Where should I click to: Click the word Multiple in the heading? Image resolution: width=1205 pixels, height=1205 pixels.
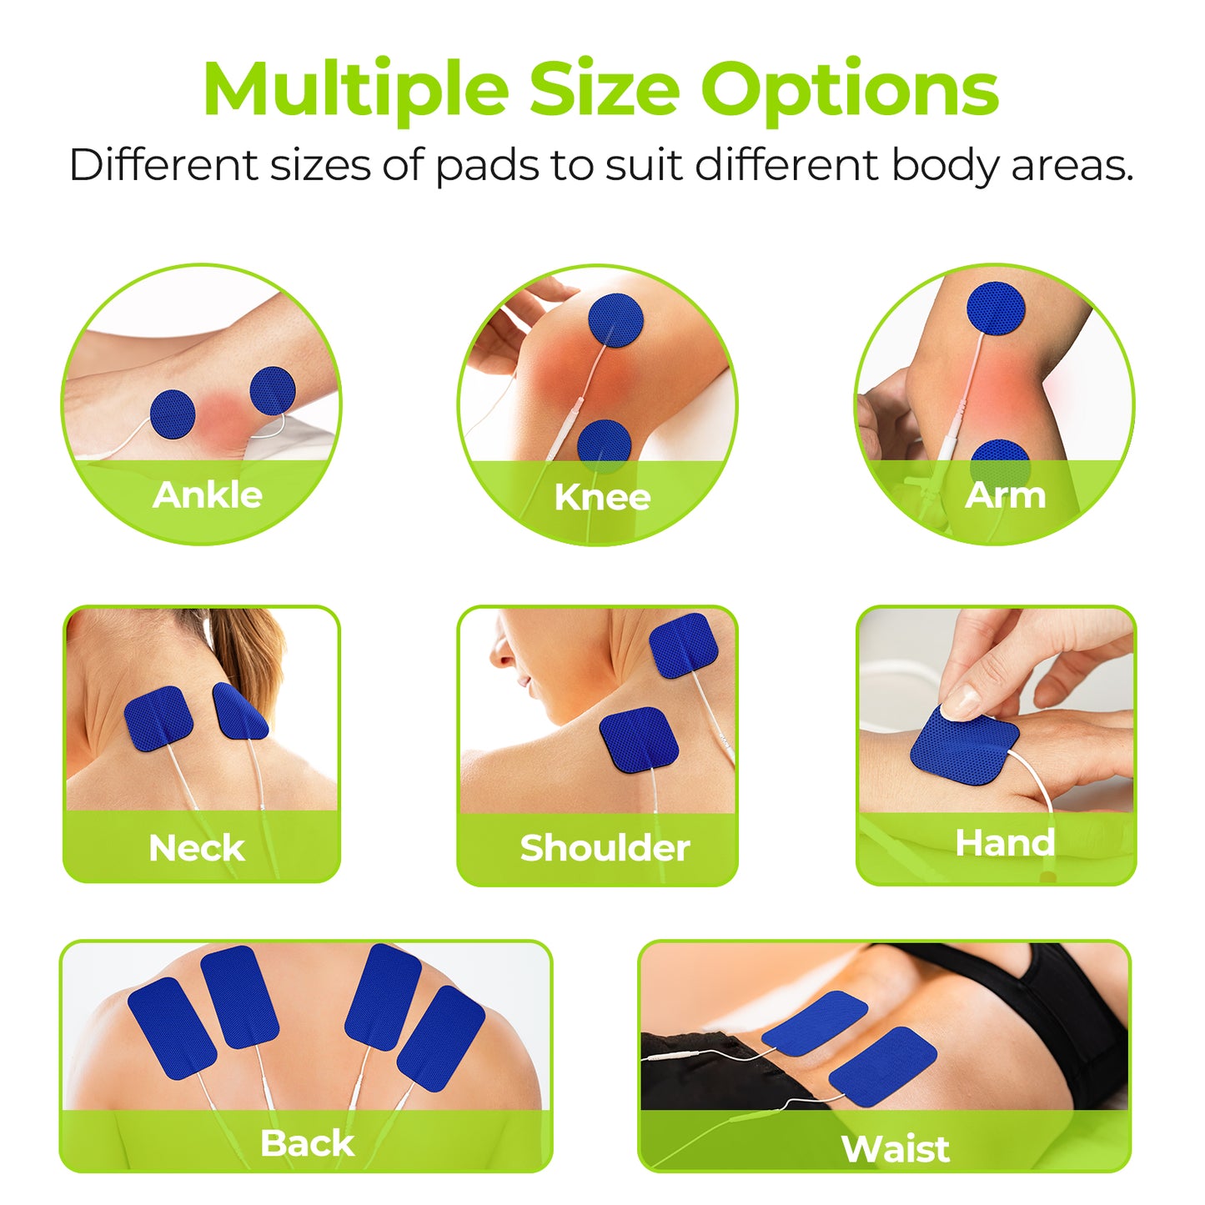[356, 91]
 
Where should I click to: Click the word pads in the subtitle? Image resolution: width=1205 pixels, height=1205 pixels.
[486, 166]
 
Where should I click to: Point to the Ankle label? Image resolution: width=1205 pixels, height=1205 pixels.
[208, 495]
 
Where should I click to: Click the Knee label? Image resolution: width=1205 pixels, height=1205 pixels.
[603, 497]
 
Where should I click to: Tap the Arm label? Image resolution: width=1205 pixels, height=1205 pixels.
[1005, 495]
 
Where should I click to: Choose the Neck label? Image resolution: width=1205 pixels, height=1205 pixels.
[196, 847]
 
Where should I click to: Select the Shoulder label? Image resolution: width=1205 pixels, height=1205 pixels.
[605, 847]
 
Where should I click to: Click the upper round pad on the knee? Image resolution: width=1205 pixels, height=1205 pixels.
[616, 320]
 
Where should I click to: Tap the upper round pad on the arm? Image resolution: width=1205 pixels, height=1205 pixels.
[997, 309]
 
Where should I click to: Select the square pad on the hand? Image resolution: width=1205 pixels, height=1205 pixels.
[964, 746]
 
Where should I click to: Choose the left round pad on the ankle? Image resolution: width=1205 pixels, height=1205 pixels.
[173, 414]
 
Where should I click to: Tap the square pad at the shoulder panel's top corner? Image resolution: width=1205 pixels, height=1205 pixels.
[684, 646]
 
